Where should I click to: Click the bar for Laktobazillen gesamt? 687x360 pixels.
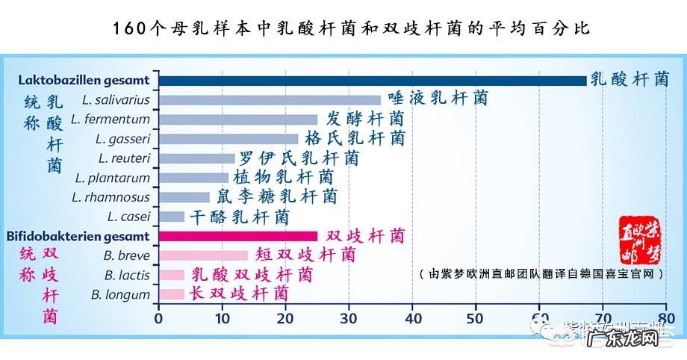point(372,81)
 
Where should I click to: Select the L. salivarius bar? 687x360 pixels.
point(269,99)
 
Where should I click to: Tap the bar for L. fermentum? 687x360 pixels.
point(237,119)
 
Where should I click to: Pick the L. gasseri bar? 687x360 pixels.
point(228,138)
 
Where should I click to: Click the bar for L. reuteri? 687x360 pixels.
point(196,158)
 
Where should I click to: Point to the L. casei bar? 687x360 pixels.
point(171,217)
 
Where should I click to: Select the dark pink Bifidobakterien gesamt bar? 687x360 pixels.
point(237,236)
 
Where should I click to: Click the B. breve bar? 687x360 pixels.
point(202,255)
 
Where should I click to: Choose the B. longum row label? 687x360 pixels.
point(120,294)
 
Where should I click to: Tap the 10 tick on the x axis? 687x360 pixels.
point(221,317)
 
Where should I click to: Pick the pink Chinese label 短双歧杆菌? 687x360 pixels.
point(305,255)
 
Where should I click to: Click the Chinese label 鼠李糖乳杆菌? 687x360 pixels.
point(276,197)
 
